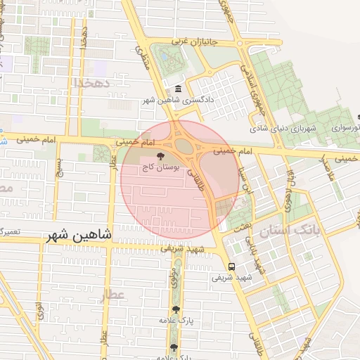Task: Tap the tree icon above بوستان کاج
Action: (162, 156)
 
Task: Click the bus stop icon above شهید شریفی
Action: (232, 266)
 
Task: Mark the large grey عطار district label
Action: (112, 295)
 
